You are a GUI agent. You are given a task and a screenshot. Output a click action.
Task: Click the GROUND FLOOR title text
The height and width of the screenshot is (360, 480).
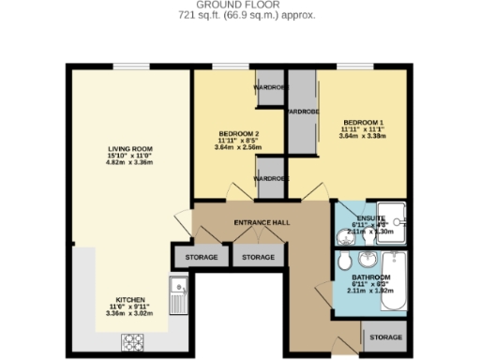tap(239, 6)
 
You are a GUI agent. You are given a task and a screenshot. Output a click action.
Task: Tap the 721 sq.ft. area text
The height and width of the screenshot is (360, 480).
tap(239, 16)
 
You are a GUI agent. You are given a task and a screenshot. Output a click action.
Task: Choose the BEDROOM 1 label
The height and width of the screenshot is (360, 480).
tap(362, 123)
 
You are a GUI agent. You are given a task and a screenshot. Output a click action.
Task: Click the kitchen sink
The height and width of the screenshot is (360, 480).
tap(175, 295)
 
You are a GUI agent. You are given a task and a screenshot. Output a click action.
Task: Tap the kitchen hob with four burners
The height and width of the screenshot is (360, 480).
tap(129, 342)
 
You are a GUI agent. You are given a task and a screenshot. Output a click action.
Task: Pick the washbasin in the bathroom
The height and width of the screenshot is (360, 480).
tap(364, 259)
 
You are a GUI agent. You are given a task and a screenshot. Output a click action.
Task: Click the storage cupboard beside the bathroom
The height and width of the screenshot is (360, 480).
tap(384, 337)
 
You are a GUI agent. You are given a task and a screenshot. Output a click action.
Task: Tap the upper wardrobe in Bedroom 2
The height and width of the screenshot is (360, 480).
tap(270, 90)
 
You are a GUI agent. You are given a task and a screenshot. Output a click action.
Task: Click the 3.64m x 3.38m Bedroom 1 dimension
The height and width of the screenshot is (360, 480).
tap(362, 138)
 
